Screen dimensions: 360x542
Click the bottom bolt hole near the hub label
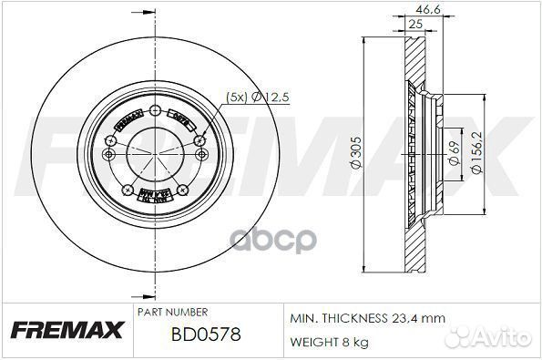coord(181,189)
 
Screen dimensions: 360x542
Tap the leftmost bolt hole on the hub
coord(111,139)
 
